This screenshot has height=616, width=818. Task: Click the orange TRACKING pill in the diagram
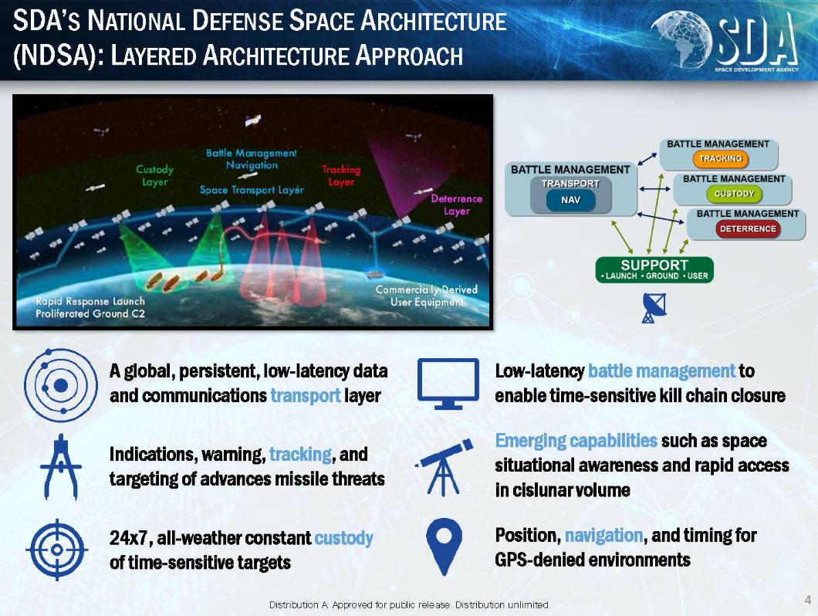721,159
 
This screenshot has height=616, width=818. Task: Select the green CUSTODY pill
734,194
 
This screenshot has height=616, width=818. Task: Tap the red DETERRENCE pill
748,228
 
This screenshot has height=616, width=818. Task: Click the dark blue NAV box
571,200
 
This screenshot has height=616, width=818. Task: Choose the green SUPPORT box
654,269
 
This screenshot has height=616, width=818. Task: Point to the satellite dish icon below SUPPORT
653,308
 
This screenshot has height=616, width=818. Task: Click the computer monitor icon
448,384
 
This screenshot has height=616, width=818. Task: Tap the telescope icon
444,467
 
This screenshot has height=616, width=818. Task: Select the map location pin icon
444,547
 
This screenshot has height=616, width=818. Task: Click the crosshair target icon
57,550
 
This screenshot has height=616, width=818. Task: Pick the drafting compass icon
61,467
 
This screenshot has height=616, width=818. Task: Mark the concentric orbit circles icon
60,385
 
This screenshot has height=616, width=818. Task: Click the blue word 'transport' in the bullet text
305,396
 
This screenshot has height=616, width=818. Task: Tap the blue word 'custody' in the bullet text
343,538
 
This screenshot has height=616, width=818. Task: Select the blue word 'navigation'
603,536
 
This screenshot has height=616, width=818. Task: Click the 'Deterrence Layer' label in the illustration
457,205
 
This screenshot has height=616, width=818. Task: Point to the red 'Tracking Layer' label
341,175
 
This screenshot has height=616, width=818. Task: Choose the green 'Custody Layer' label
154,175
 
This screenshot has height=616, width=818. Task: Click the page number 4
808,599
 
